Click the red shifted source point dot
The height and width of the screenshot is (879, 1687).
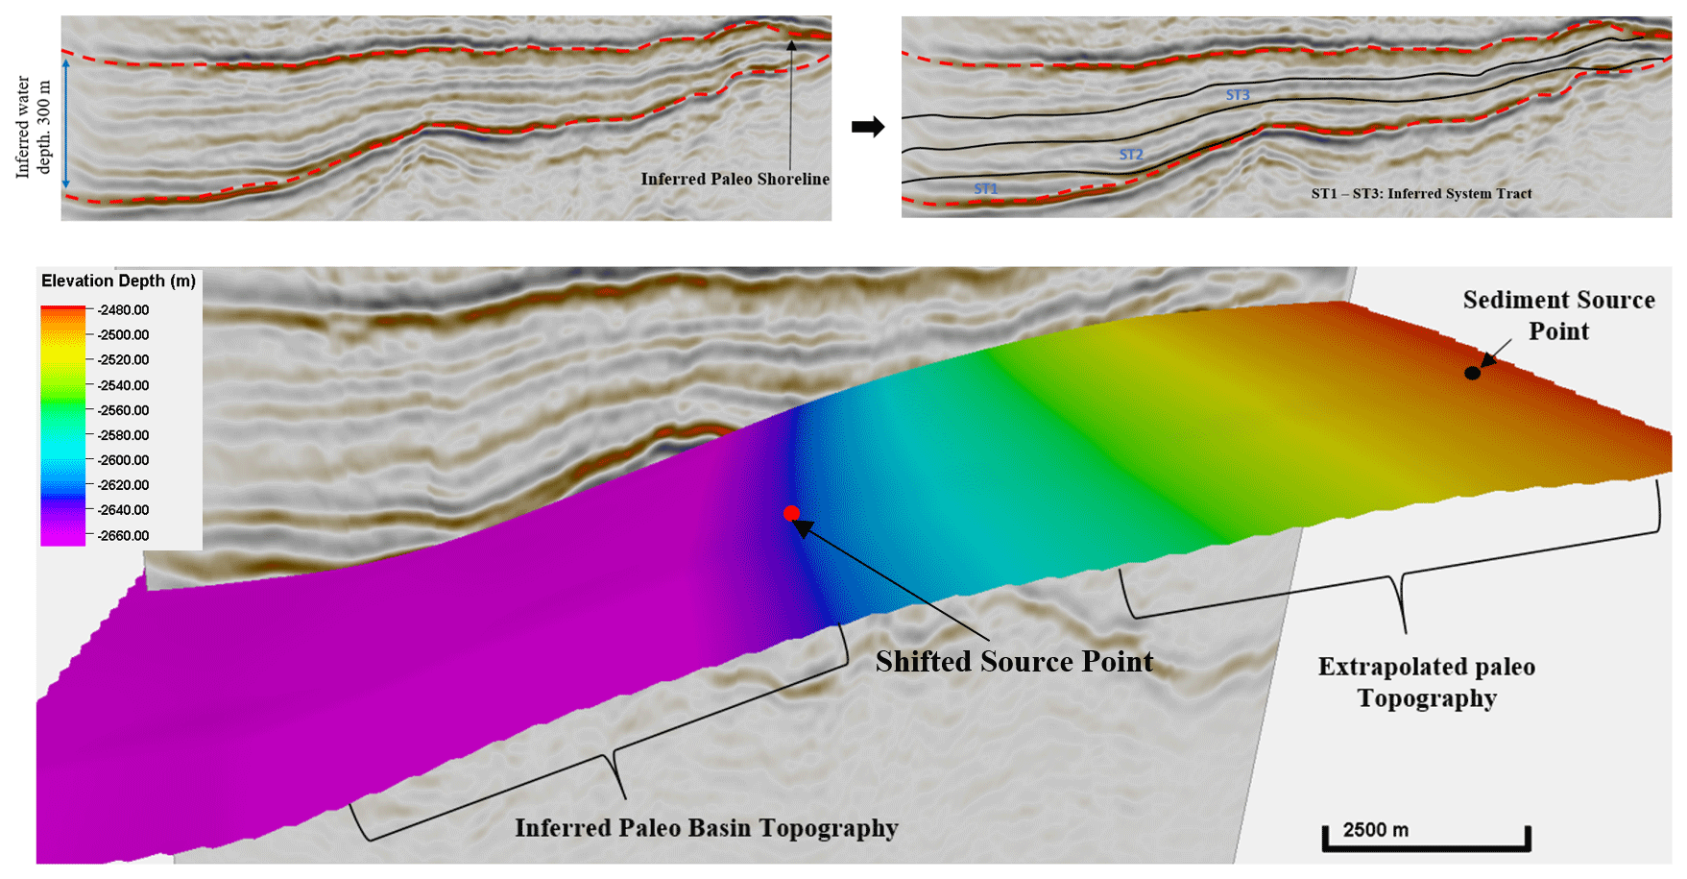pos(791,513)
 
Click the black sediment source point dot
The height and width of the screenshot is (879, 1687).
pos(1472,373)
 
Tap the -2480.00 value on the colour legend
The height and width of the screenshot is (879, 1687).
pos(124,310)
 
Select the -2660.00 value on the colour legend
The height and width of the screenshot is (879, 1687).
pos(124,535)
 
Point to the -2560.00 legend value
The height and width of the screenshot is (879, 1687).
pos(124,410)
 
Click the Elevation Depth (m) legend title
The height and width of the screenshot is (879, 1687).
pos(118,281)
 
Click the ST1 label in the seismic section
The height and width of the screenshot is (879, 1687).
pos(986,189)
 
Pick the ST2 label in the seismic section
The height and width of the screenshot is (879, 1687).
pos(1131,155)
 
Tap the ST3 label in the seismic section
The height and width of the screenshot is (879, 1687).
pos(1238,95)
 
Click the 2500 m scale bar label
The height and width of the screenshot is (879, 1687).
pos(1375,830)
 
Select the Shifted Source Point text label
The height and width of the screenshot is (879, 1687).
pos(1014,661)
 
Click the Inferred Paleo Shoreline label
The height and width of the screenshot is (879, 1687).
pos(735,179)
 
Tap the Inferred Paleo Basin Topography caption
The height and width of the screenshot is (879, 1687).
pos(707,828)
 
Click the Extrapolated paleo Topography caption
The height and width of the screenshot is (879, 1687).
pos(1427,682)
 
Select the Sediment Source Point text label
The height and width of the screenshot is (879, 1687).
pos(1559,315)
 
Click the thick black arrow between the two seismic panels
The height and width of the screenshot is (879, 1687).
pos(868,127)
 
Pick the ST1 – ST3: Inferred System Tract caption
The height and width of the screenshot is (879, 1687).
pos(1421,193)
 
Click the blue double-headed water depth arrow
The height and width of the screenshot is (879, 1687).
pos(66,124)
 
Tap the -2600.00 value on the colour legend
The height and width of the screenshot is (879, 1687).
pos(124,460)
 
